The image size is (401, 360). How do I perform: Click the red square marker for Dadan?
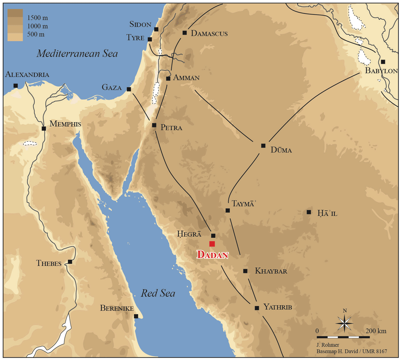[212, 244]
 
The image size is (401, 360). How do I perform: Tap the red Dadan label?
[213, 255]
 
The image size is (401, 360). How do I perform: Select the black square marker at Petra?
[154, 125]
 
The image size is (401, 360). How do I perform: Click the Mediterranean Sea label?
[77, 53]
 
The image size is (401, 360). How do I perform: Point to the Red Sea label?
[158, 293]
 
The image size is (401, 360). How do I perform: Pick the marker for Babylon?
[383, 62]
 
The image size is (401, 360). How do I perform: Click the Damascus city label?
[209, 33]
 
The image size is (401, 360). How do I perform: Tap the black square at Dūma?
[263, 146]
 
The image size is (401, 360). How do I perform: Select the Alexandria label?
[27, 75]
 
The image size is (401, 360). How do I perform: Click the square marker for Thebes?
[70, 262]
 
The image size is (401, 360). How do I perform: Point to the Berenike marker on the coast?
[136, 316]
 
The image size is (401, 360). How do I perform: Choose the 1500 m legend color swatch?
[15, 13]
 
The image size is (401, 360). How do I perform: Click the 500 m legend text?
[36, 34]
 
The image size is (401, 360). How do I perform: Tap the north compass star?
[345, 323]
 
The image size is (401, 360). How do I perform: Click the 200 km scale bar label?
[376, 331]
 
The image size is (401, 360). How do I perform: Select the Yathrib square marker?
[257, 308]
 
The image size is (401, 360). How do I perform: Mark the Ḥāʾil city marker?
[309, 212]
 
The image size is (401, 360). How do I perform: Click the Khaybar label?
[271, 271]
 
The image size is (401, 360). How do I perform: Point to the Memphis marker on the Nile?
[44, 128]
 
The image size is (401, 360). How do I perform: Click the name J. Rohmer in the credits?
[327, 345]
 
